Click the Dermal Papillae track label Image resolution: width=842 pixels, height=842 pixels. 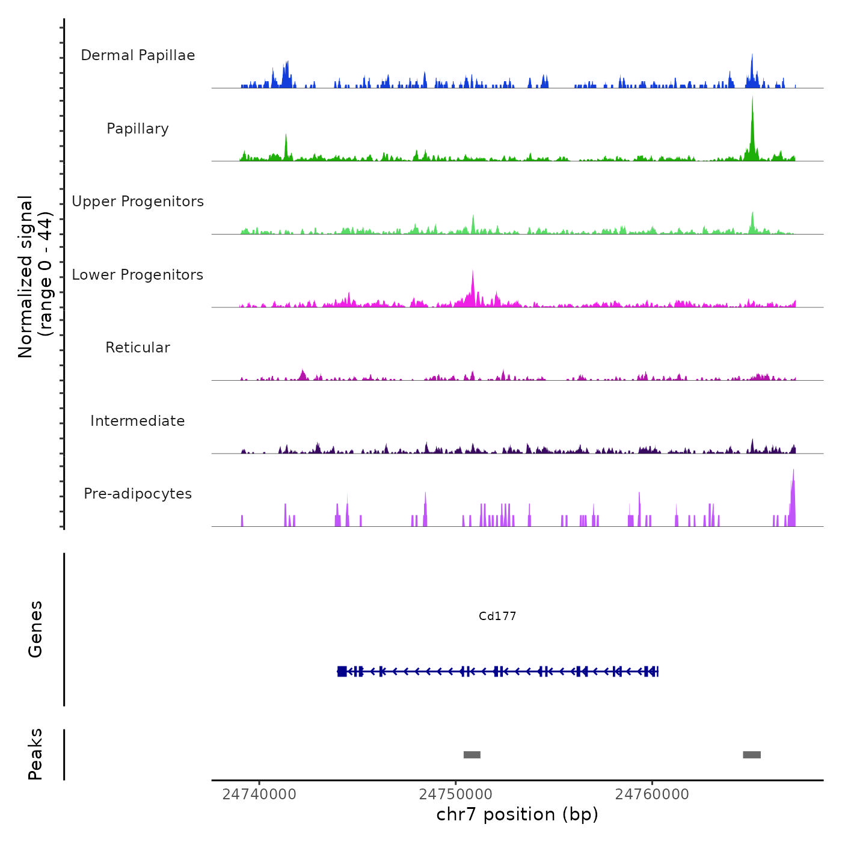[138, 55]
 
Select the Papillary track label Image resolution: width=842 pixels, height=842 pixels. [138, 129]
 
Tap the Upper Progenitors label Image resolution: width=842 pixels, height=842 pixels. [138, 201]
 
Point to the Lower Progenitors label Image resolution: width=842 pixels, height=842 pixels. [138, 275]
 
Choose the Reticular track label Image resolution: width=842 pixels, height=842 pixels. [138, 348]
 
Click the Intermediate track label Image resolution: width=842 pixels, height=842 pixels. [138, 421]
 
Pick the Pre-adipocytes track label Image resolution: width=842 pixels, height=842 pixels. [138, 494]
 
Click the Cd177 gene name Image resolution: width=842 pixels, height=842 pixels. [497, 616]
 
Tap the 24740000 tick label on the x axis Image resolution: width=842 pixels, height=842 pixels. [259, 794]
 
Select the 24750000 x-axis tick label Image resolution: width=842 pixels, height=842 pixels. [456, 794]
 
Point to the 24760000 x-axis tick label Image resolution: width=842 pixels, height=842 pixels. [652, 794]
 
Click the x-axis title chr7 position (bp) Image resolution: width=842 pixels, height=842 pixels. [517, 814]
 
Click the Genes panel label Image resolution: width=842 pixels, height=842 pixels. [35, 629]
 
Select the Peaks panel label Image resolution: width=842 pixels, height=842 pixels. [35, 754]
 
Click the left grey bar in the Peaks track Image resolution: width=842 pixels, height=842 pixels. [472, 755]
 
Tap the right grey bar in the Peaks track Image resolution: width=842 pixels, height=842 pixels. [752, 755]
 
